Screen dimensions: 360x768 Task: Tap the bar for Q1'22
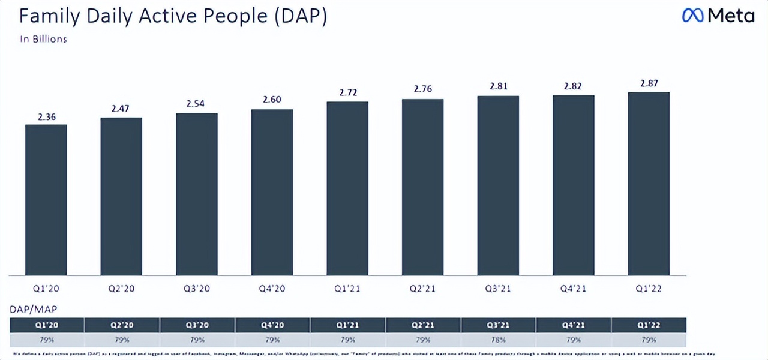point(649,184)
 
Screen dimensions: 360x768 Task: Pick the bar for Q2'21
point(423,187)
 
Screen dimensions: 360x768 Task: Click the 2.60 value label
point(272,100)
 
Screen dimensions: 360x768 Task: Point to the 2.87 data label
point(649,83)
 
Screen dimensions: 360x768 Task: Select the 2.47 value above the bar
point(121,108)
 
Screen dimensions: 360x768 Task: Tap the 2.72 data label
point(347,92)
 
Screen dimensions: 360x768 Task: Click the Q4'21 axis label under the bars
point(574,289)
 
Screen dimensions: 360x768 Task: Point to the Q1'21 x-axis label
point(347,289)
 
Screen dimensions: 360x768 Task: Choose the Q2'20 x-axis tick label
point(121,289)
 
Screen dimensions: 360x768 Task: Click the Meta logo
point(718,16)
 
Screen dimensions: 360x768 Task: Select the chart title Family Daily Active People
point(173,17)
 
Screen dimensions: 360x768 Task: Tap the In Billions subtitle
point(43,39)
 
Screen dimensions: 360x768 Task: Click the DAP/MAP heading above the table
point(34,310)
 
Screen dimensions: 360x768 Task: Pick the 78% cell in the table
point(499,340)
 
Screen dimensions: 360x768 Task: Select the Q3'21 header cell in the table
point(499,326)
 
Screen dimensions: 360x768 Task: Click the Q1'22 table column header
point(649,326)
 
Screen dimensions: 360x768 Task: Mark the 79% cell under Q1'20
point(47,340)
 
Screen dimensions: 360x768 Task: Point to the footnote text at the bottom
point(360,353)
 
